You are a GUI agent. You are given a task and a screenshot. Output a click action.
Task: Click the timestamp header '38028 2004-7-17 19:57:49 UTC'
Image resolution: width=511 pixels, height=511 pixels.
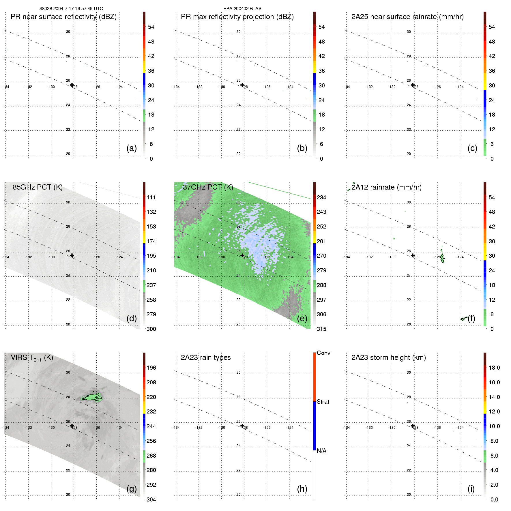tap(71, 8)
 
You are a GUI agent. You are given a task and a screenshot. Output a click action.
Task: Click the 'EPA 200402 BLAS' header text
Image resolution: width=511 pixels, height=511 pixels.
tap(242, 8)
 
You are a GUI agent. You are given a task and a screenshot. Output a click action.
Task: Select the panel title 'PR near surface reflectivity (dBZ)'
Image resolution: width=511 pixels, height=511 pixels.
tap(63, 17)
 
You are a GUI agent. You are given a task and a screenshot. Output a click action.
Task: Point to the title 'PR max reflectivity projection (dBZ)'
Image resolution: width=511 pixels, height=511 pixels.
tap(237, 17)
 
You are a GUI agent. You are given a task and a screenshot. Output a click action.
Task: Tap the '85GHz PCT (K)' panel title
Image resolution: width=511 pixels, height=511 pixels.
tap(38, 187)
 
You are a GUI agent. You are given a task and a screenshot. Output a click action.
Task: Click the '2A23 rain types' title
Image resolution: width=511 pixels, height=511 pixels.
tap(206, 357)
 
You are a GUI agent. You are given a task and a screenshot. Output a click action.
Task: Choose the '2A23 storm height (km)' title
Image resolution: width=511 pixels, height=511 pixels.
tap(388, 357)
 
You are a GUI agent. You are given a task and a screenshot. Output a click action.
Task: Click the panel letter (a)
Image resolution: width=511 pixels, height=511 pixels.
tap(132, 148)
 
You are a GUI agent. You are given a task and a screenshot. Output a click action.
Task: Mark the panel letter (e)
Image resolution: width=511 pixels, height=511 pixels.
tap(302, 318)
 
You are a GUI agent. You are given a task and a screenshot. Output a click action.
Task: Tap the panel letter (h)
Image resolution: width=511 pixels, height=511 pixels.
tap(302, 489)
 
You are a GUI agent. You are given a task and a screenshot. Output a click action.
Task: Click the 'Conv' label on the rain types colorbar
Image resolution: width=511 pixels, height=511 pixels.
tap(323, 353)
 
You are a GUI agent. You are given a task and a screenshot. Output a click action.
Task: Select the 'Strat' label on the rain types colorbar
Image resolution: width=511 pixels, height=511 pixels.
tap(323, 402)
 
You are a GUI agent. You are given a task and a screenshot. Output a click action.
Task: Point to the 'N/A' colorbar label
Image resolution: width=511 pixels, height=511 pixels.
tap(321, 451)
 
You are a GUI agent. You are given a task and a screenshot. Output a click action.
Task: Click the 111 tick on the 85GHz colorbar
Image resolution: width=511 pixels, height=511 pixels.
tap(151, 197)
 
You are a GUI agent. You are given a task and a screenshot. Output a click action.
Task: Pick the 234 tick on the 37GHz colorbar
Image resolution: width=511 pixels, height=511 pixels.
tap(321, 197)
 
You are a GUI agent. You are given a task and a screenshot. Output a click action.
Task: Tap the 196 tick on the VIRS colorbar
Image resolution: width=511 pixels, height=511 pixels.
tap(151, 368)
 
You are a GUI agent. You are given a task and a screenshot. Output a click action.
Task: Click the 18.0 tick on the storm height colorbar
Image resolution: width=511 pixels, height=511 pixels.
tap(494, 368)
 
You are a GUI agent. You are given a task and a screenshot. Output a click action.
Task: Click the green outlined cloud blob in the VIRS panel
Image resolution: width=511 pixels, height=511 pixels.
tap(92, 397)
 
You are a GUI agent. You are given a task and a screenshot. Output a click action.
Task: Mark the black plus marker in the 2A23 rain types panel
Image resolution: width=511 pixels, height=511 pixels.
tap(242, 426)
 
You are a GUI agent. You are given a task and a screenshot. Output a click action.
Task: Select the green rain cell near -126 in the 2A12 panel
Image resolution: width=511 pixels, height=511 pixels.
tap(442, 258)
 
